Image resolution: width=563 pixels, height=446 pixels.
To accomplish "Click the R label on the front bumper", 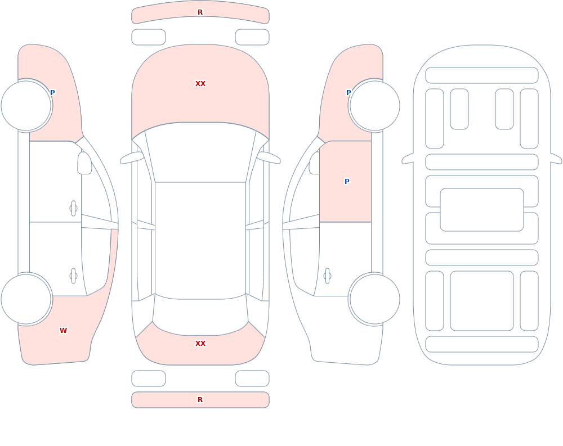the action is point(200,12).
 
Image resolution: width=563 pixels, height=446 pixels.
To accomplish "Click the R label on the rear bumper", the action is point(200,400).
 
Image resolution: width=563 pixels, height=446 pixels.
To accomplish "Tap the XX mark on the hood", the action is point(200,84).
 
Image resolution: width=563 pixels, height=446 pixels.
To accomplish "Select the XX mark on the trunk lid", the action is point(200,344).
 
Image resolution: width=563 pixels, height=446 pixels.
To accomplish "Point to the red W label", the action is point(63,331).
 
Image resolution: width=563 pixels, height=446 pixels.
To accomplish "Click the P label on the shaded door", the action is point(347,182).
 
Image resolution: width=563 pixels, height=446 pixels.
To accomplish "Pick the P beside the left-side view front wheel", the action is point(52,93).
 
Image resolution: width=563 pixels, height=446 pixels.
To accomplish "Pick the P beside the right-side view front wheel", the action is point(348,93).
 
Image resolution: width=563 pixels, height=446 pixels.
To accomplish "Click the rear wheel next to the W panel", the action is point(26,299).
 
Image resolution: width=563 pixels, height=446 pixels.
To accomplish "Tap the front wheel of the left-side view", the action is point(26,106).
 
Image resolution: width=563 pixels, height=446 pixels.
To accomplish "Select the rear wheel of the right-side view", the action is point(374,299).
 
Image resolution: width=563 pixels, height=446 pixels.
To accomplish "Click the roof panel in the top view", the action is point(200,240).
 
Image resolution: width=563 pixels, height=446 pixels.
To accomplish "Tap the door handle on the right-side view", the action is point(327,276).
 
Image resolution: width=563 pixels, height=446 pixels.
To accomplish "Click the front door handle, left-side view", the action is point(74,209).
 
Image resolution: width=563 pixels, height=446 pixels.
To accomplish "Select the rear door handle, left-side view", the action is point(74,276).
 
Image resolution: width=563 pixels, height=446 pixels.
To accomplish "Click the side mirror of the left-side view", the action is point(84,163).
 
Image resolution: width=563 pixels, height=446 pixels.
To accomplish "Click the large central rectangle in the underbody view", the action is point(482,210).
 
